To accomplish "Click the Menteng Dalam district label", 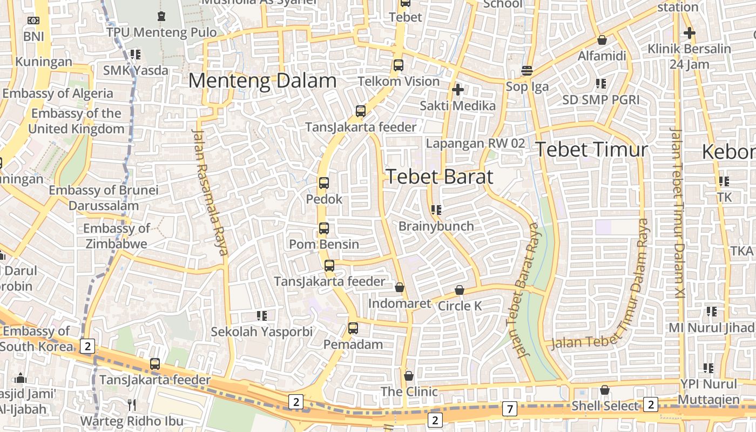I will pos(262,81).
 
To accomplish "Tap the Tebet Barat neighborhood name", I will pos(440,177).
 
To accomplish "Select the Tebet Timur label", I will pos(591,150).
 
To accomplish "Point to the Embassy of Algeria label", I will pos(58,93).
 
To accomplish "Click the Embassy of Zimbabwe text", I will pos(116,236).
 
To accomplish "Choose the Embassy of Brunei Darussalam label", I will pos(104,198).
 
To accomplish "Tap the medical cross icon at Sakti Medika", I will pos(458,90).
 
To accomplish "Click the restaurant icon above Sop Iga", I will pos(527,71).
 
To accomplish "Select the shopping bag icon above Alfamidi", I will pos(602,40).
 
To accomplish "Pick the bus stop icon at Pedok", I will pos(324,183).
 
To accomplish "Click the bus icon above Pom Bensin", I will pos(324,228).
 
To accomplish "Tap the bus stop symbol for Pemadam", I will pos(353,328).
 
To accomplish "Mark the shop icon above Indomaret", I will pos(400,287).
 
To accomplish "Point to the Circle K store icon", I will pos(460,290).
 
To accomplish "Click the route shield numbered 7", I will pos(509,409).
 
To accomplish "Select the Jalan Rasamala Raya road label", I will pos(210,192).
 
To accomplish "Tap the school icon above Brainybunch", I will pos(436,210).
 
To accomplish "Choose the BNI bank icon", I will pos(33,21).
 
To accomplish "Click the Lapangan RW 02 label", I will pos(475,144).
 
